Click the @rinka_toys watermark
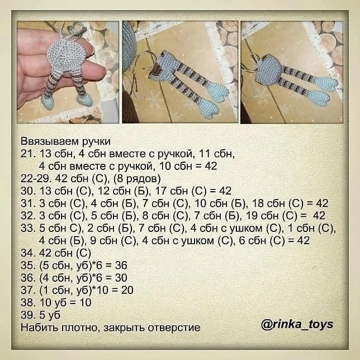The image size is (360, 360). [297, 324]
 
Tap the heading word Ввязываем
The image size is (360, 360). [50, 141]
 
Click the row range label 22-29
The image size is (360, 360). [36, 179]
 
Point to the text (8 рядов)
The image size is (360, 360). [137, 179]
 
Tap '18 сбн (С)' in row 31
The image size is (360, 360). [278, 203]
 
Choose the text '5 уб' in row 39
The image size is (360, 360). [50, 315]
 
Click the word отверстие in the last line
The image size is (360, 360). [174, 328]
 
